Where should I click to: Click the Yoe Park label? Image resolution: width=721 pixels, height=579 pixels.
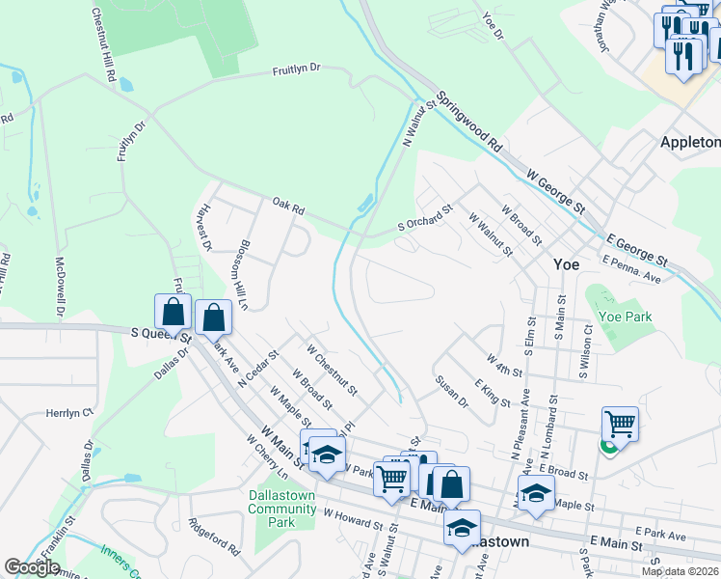pyautogui.click(x=625, y=317)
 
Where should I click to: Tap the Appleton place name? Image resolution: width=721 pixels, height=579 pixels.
pyautogui.click(x=689, y=142)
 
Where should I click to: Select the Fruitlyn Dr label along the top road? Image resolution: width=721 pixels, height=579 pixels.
pyautogui.click(x=296, y=69)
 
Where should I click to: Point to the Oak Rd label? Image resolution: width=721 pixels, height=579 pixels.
pyautogui.click(x=288, y=206)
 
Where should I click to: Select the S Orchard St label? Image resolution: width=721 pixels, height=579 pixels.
pyautogui.click(x=425, y=218)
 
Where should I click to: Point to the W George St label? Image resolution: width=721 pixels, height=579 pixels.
pyautogui.click(x=556, y=189)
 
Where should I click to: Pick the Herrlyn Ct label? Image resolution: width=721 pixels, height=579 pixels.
pyautogui.click(x=68, y=412)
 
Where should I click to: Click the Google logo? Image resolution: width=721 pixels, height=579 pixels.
pyautogui.click(x=32, y=567)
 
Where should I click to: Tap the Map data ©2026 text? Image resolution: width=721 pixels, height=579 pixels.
pyautogui.click(x=679, y=571)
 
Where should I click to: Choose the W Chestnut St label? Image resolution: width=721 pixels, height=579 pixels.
pyautogui.click(x=332, y=370)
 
